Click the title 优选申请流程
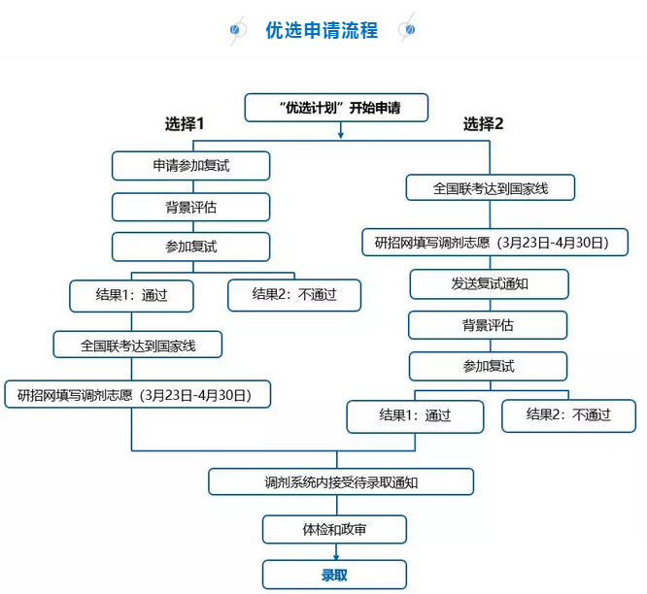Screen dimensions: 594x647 [322, 30]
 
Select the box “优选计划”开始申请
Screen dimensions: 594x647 [336, 108]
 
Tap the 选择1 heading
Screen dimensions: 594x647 [184, 124]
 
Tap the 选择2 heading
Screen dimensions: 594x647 [483, 124]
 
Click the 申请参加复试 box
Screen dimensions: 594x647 [190, 166]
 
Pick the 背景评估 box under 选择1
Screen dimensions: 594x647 [190, 207]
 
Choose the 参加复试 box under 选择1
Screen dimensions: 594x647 [190, 247]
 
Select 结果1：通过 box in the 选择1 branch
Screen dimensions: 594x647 [131, 295]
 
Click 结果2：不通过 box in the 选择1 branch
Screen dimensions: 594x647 [294, 295]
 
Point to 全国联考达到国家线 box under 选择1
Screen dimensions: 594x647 [138, 345]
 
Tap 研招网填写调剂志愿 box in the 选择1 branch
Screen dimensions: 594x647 [137, 394]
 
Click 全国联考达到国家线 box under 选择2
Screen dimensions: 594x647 [491, 188]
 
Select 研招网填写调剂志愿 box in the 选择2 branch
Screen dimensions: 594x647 [494, 242]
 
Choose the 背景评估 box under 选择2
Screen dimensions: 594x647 [488, 325]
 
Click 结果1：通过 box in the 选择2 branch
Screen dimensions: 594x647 [415, 415]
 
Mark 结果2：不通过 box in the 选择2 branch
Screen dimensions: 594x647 [568, 415]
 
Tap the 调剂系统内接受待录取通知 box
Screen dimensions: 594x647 [341, 481]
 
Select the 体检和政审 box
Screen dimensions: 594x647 [334, 530]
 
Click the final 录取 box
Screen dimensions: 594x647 [334, 575]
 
